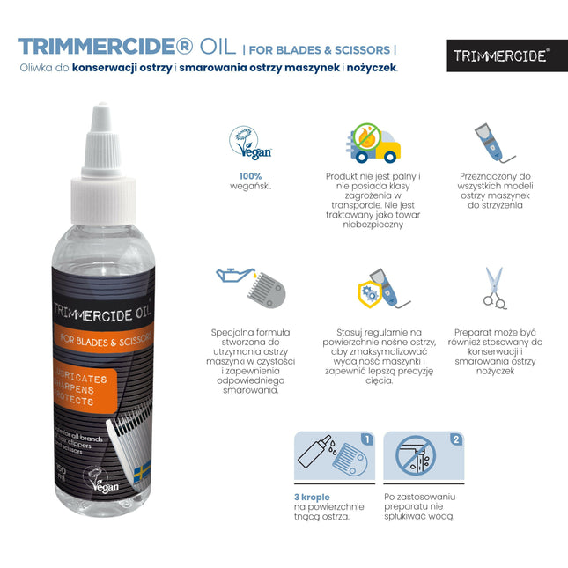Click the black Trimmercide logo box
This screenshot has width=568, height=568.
(x=501, y=55)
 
